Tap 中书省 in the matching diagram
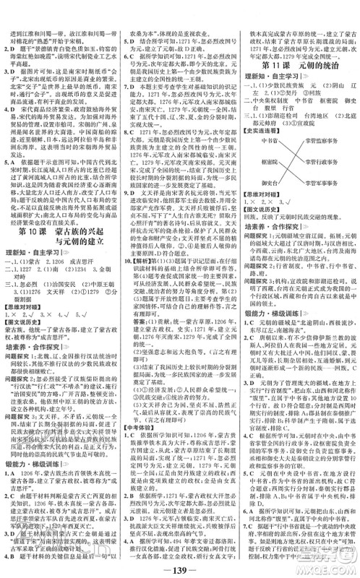255,129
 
